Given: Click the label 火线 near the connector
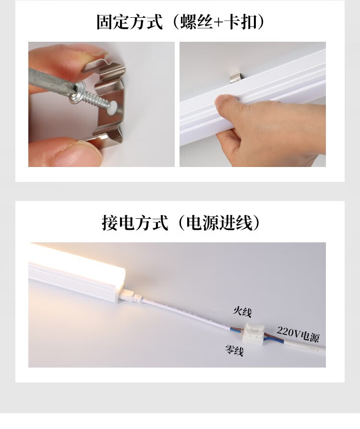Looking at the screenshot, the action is click(242, 311).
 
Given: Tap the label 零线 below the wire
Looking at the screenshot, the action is click(234, 350).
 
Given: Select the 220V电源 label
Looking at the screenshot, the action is click(298, 334).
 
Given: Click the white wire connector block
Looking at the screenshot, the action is click(254, 333).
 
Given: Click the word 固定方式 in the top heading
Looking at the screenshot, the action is click(130, 22).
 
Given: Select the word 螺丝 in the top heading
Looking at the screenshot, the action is click(197, 22).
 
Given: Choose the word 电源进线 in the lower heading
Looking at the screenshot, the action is click(219, 223).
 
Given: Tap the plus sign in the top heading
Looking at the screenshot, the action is click(219, 23).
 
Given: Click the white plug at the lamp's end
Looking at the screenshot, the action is click(131, 297).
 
